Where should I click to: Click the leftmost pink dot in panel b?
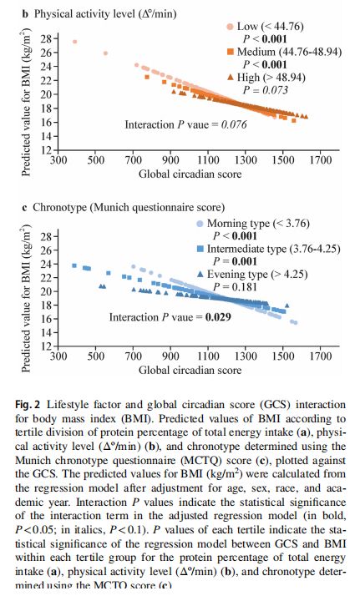pyautogui.click(x=75, y=42)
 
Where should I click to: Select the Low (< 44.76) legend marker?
pyautogui.click(x=231, y=27)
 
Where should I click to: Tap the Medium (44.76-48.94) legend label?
pyautogui.click(x=289, y=52)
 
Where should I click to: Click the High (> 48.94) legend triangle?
pyautogui.click(x=231, y=77)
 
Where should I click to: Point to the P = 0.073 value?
pyautogui.click(x=266, y=90)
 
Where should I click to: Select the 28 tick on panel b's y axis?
pyautogui.click(x=47, y=38)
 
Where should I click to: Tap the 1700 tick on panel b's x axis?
pyautogui.click(x=321, y=159)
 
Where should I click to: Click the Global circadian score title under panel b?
pyautogui.click(x=190, y=174)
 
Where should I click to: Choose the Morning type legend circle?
pyautogui.click(x=200, y=224)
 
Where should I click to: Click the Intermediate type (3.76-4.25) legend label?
pyautogui.click(x=274, y=249)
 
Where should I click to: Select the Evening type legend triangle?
pyautogui.click(x=200, y=274)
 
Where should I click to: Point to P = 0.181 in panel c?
pyautogui.click(x=235, y=286)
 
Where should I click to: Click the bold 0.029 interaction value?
pyautogui.click(x=218, y=317)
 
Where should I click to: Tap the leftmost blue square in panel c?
pyautogui.click(x=74, y=265)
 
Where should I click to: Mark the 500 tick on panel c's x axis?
pyautogui.click(x=96, y=356)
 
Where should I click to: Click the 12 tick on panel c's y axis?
pyautogui.click(x=47, y=346)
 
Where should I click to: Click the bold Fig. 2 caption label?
pyautogui.click(x=28, y=404)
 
